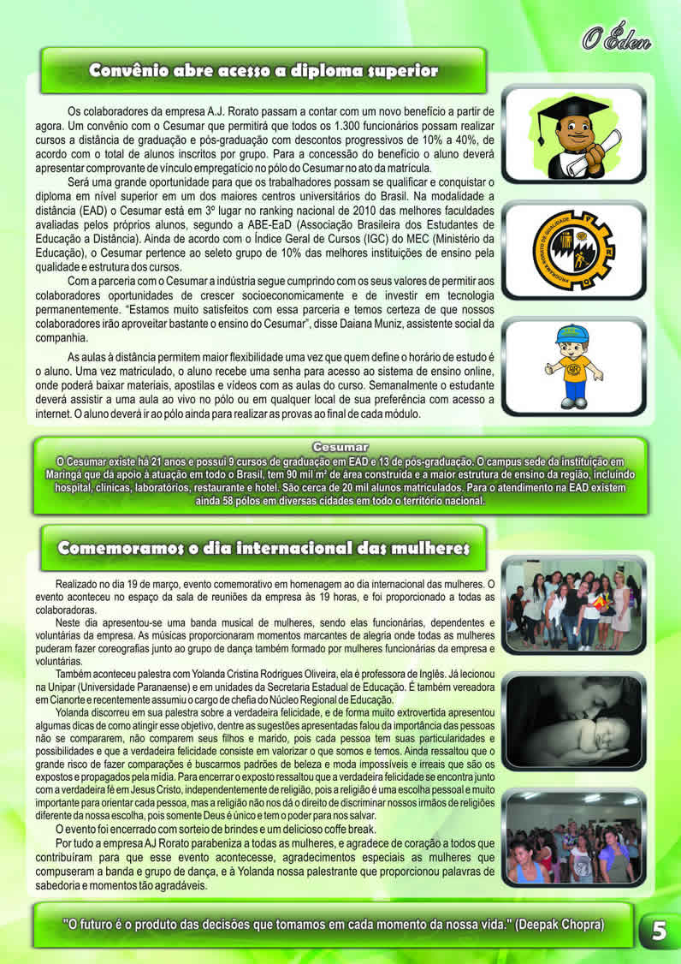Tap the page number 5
click(659, 930)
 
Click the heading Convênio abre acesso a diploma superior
click(264, 70)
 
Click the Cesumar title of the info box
click(340, 447)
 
